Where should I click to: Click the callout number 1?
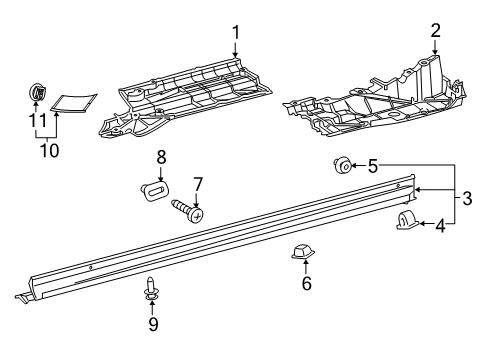237,33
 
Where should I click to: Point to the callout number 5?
372,165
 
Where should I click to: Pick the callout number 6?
306,284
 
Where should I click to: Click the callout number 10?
47,150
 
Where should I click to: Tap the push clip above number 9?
152,288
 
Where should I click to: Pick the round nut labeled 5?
340,165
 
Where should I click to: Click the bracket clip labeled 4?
407,223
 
